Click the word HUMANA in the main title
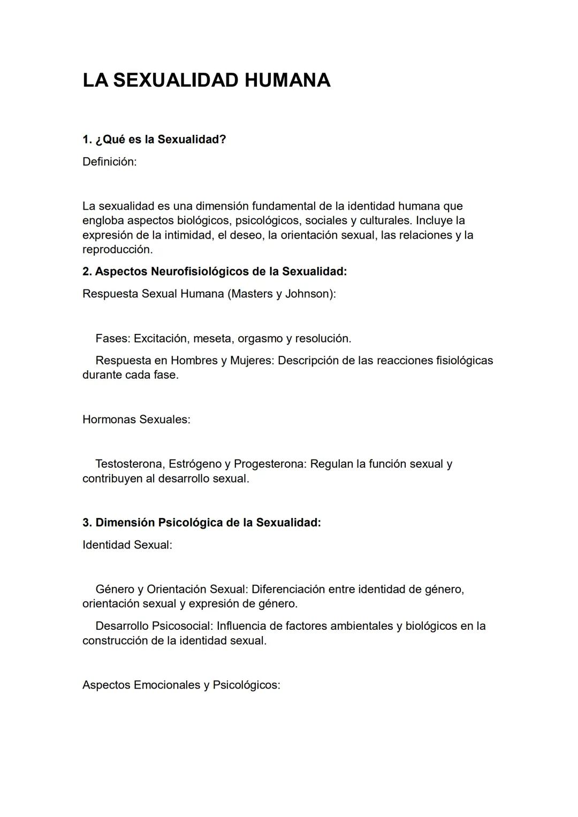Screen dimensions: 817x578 (287, 80)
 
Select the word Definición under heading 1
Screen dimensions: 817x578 (109, 162)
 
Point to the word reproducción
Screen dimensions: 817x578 (117, 249)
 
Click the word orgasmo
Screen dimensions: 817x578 (260, 338)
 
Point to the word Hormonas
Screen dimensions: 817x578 (109, 419)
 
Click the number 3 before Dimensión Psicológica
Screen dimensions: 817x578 (86, 522)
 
